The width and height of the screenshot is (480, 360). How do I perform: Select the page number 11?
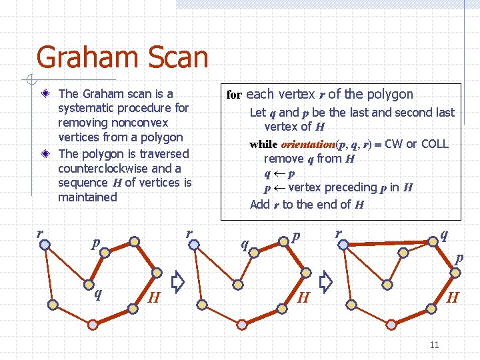point(434,345)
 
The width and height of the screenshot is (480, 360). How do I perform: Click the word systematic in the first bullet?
point(85,108)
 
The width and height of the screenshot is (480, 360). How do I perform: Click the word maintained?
point(87,197)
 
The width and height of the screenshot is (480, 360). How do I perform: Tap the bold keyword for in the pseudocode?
point(233,95)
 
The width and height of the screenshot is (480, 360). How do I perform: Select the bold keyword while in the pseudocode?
point(264,144)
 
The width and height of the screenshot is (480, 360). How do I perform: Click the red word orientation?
point(309,144)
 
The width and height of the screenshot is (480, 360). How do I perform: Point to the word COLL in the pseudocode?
point(435,144)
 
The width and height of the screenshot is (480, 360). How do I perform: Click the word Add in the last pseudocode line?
point(259,205)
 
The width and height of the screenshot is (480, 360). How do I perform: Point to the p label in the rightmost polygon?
point(459,257)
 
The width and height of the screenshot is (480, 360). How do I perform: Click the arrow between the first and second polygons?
point(177,283)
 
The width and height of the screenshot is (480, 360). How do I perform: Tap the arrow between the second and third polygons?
point(325,283)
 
